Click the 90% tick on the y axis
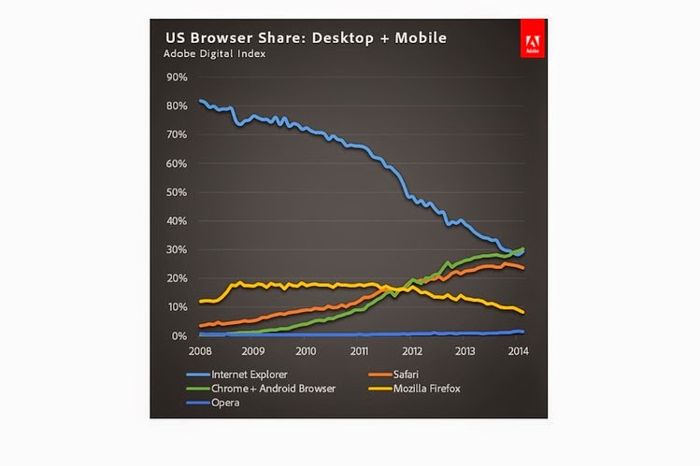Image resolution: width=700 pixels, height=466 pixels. tap(178, 77)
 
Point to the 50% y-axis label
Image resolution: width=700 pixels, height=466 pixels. tap(178, 192)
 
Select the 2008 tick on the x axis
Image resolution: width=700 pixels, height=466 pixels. tap(198, 352)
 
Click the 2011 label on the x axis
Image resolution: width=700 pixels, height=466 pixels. tap(358, 352)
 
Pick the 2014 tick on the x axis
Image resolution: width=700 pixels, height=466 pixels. tap(520, 352)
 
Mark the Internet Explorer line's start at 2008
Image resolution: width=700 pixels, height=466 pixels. tap(200, 101)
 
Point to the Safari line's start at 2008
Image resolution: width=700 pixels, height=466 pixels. tap(200, 325)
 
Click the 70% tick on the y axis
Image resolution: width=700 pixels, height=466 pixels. tap(178, 134)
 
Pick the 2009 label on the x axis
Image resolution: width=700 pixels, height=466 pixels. tap(251, 352)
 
